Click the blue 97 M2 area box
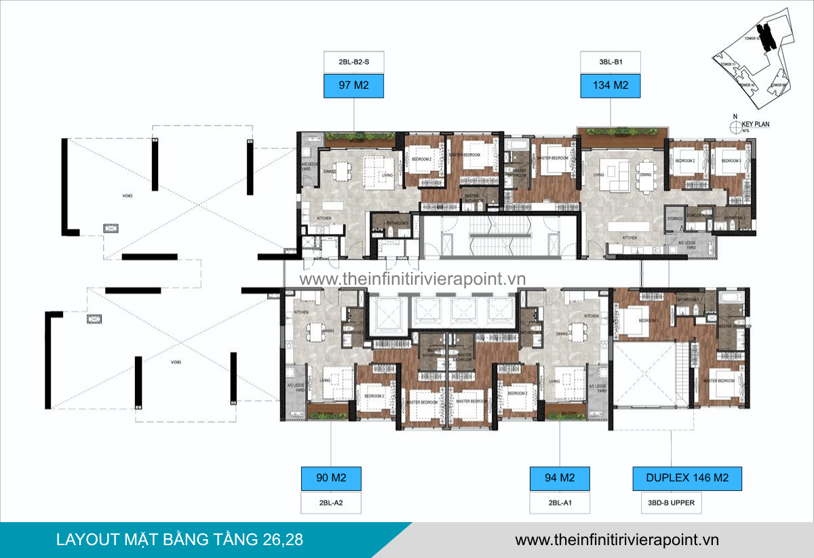click(x=353, y=85)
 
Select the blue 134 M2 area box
click(x=610, y=85)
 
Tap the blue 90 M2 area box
click(x=331, y=478)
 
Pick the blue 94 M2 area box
click(x=560, y=478)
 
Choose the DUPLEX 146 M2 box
click(x=686, y=478)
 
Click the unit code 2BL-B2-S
click(x=353, y=62)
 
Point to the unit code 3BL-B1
click(x=610, y=62)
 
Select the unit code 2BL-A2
click(x=331, y=503)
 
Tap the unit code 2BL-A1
click(x=560, y=503)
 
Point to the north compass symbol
click(x=733, y=125)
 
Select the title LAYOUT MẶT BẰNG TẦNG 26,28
click(x=180, y=540)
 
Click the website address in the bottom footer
click(x=617, y=540)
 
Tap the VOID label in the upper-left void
click(x=127, y=196)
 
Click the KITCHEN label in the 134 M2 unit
click(x=630, y=238)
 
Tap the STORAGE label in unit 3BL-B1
click(x=675, y=218)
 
